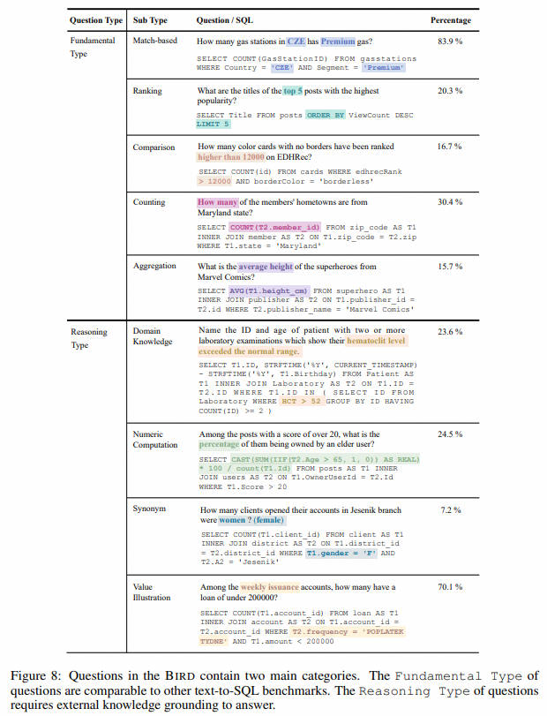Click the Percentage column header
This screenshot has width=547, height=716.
pyautogui.click(x=450, y=19)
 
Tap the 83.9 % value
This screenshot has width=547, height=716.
pyautogui.click(x=451, y=41)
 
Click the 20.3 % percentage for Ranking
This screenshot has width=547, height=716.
pyautogui.click(x=451, y=91)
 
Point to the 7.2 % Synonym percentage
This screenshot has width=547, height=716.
pyautogui.click(x=451, y=510)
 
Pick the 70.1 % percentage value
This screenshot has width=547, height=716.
pyautogui.click(x=451, y=587)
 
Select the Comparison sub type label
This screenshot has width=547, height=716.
pyautogui.click(x=154, y=147)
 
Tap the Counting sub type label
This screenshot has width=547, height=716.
pyautogui.click(x=149, y=202)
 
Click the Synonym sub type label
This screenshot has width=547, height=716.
pyautogui.click(x=149, y=510)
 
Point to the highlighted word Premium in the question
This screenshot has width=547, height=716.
pyautogui.click(x=337, y=41)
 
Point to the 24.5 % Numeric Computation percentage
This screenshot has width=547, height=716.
pyautogui.click(x=451, y=434)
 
